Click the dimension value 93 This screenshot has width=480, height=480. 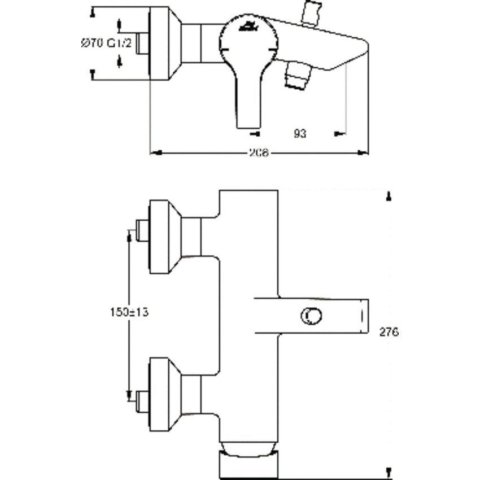(x=300, y=134)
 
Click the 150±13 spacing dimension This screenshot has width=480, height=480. (x=129, y=312)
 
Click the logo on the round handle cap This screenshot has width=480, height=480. (x=248, y=25)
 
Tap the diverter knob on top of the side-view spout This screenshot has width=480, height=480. (x=312, y=13)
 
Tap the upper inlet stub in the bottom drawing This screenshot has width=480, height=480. (x=142, y=232)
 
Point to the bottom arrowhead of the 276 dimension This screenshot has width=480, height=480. (x=389, y=472)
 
